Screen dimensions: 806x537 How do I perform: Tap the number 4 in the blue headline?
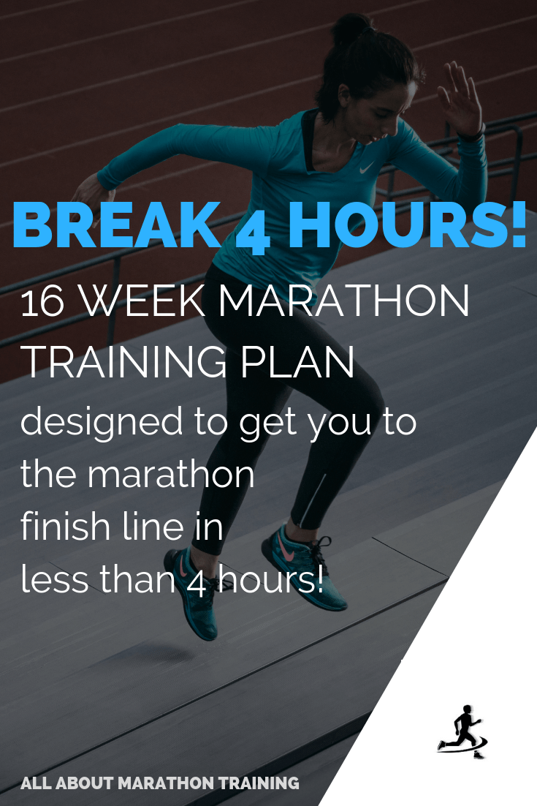[253, 227]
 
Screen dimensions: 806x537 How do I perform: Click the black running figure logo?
[462, 730]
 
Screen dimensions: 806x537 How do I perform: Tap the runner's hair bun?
[349, 30]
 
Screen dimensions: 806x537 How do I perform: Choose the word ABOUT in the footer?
[88, 783]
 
